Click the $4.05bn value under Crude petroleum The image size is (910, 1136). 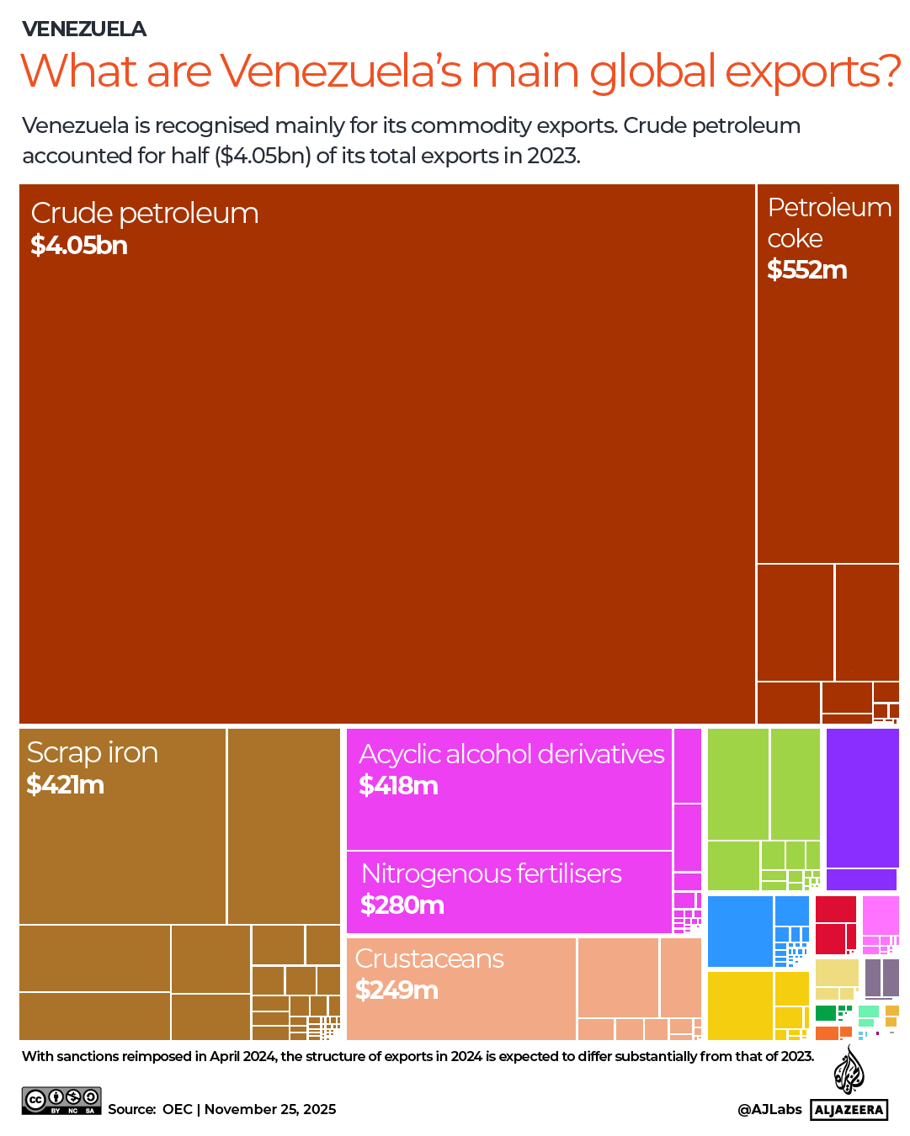(79, 246)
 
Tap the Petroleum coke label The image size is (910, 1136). (829, 223)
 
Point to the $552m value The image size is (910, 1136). (806, 270)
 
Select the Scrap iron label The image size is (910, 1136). (93, 752)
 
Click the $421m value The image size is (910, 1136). (66, 785)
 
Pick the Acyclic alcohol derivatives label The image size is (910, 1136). (512, 754)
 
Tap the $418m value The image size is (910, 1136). (398, 786)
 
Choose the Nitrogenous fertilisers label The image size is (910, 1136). (492, 873)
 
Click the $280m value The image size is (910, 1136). (402, 905)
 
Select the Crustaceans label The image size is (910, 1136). (429, 958)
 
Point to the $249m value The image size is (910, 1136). (396, 990)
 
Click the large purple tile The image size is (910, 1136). (862, 797)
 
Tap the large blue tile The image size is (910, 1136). (740, 932)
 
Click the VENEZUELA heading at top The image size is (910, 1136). (84, 29)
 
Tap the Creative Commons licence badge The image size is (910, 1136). (61, 1101)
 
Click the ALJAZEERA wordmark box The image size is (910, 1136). (849, 1110)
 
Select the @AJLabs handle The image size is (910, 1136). (769, 1110)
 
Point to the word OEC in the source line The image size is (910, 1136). (178, 1110)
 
